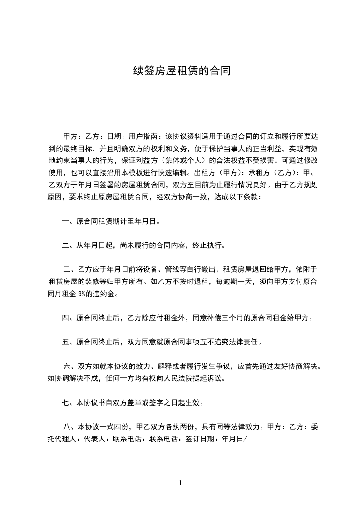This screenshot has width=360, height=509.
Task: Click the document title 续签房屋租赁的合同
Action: coord(180,71)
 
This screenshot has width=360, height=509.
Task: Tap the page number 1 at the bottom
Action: coord(180,483)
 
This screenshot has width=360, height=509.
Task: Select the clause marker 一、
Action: coord(69,222)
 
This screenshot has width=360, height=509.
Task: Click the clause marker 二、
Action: coord(69,246)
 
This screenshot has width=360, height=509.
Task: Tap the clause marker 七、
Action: coord(69,402)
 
